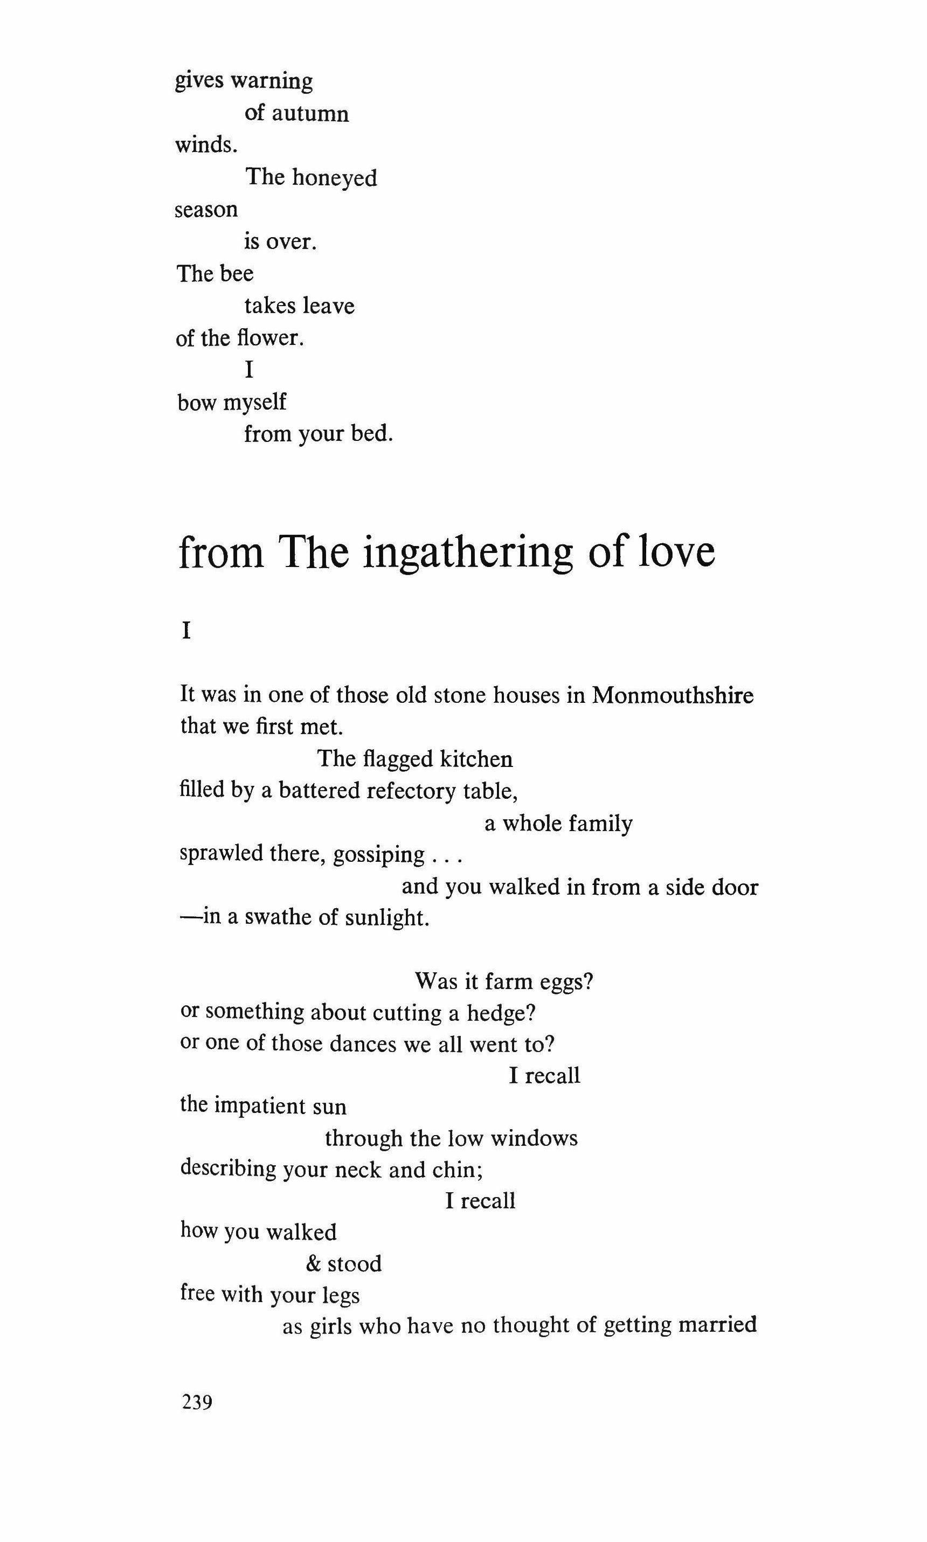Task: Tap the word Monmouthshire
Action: [672, 695]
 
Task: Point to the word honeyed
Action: [335, 178]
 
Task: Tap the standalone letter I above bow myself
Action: [249, 370]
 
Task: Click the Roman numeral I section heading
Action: [185, 632]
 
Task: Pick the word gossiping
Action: [378, 854]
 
